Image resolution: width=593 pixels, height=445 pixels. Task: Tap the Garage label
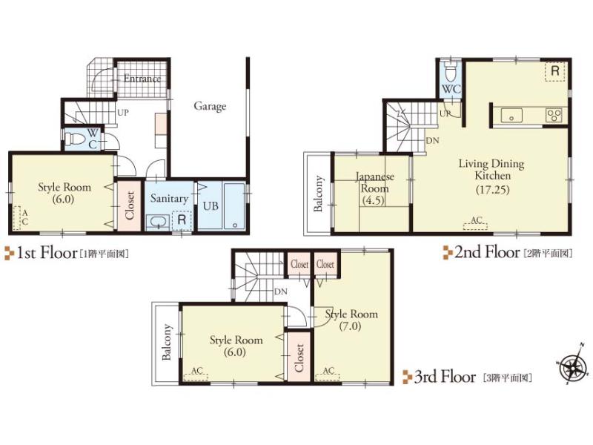[x=210, y=106]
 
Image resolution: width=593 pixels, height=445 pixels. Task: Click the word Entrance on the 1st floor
[x=142, y=79]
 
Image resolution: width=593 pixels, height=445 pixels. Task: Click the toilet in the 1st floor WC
[x=73, y=138]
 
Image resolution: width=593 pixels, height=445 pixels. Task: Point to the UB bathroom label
[x=210, y=205]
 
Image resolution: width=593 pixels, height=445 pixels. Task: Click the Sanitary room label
[x=169, y=199]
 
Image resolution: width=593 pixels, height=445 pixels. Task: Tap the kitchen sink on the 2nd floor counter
[x=512, y=114]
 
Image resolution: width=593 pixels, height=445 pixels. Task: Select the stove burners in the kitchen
[x=554, y=114]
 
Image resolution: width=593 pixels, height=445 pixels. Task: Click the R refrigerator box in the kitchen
[x=554, y=71]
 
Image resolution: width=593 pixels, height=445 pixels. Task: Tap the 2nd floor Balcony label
[x=319, y=194]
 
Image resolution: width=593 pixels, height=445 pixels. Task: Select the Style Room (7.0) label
[x=351, y=320]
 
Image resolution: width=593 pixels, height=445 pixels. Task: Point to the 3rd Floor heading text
[x=444, y=378]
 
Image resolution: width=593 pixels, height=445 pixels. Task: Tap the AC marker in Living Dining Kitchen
[x=477, y=221]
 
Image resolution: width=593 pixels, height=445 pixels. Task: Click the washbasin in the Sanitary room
[x=156, y=221]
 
